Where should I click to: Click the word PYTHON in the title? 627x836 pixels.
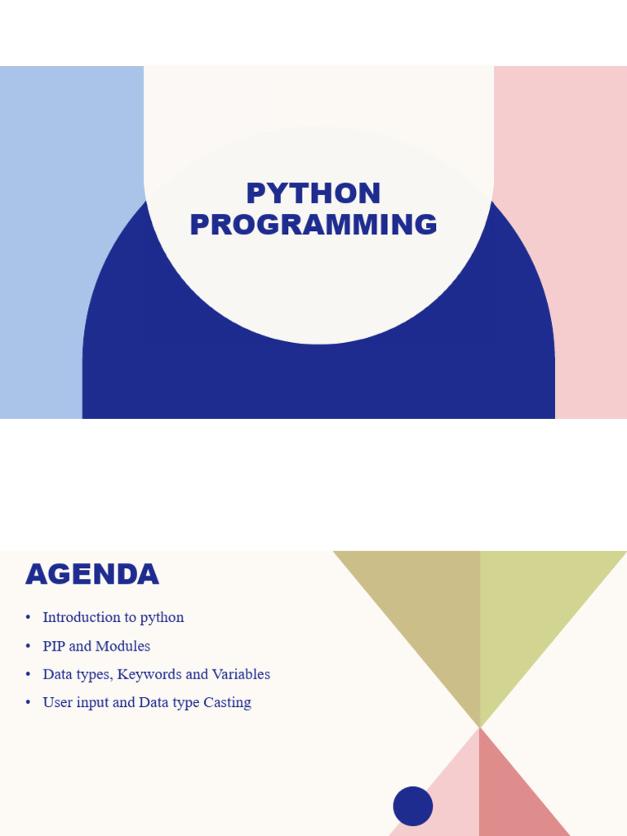click(x=313, y=193)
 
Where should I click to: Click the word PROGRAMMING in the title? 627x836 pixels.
click(x=313, y=224)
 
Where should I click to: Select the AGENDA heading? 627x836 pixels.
click(x=92, y=574)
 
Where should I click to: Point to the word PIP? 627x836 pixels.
click(x=54, y=646)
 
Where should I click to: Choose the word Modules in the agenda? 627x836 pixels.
click(x=123, y=646)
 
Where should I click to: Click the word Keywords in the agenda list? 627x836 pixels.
click(x=149, y=674)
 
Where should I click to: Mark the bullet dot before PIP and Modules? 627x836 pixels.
click(x=29, y=647)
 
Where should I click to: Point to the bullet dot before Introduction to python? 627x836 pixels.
click(x=29, y=617)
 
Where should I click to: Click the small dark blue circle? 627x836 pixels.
click(x=412, y=806)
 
